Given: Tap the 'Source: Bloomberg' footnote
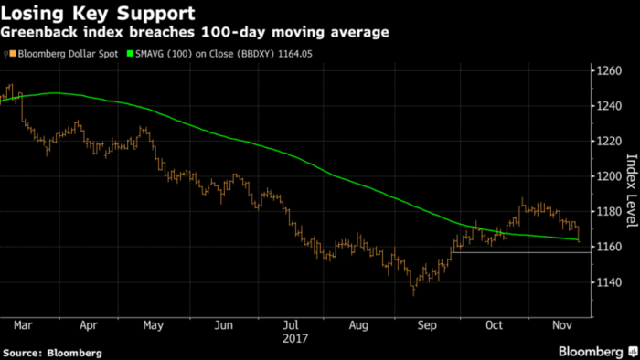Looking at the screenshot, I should coord(52,352).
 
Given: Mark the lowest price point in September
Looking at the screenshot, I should coord(413,292).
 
